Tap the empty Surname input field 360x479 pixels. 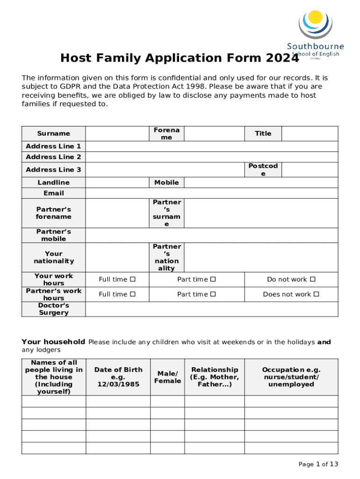point(117,133)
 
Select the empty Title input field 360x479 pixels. point(310,133)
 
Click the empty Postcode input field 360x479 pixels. point(310,169)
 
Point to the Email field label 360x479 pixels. point(54,193)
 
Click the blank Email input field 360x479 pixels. point(211,193)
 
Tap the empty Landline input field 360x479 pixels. point(117,182)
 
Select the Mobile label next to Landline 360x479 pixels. point(166,182)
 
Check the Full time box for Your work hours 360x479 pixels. point(133,279)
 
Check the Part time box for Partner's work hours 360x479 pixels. point(213,294)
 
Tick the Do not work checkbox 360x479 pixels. point(313,279)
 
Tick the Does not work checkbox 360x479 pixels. point(317,294)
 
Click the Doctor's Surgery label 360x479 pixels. point(54,309)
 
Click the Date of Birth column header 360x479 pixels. point(118,377)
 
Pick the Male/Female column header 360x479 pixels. point(167,377)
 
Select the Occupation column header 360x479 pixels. point(291,377)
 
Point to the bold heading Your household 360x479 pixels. point(53,342)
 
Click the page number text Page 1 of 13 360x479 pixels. point(318,464)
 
